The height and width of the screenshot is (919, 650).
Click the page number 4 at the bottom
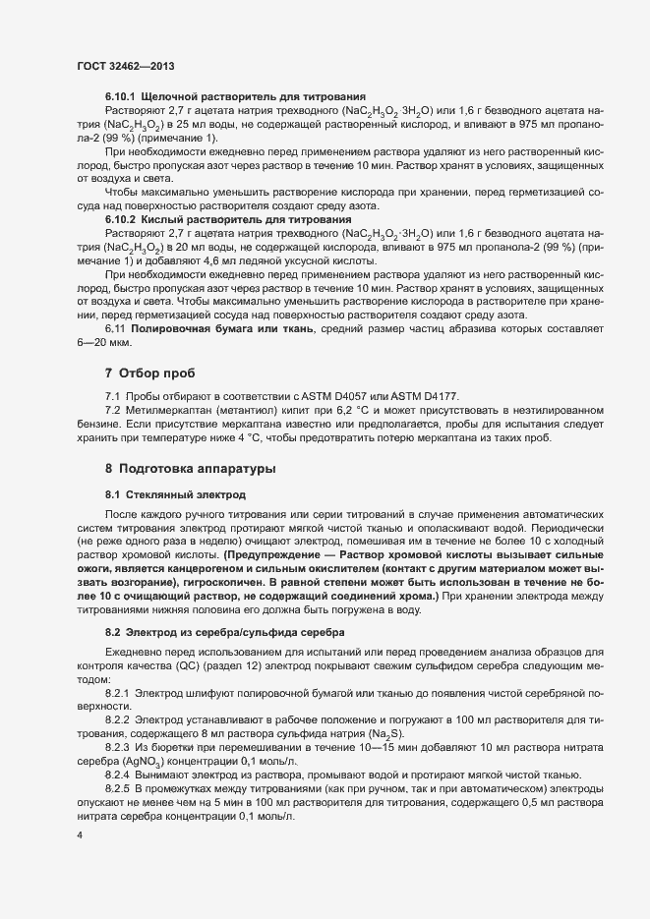[x=80, y=835]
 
